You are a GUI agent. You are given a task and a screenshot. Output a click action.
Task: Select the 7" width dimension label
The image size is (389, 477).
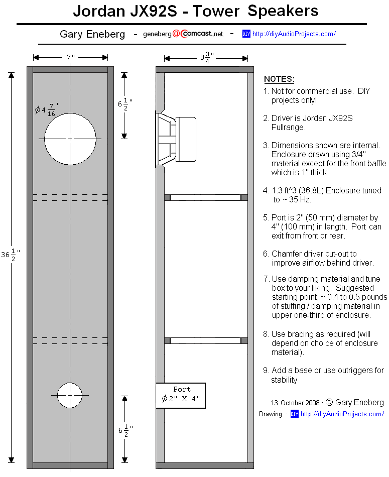(x=71, y=57)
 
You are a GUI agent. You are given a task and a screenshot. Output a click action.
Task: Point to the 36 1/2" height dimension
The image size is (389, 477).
(x=11, y=255)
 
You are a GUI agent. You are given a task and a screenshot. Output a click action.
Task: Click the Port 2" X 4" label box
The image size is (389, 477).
(x=181, y=396)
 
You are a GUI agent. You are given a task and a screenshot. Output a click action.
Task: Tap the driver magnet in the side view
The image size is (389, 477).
(x=186, y=139)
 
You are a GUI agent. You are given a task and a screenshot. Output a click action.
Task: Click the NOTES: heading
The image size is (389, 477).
(x=279, y=79)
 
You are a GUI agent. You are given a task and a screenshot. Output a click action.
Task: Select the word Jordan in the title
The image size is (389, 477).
(x=99, y=11)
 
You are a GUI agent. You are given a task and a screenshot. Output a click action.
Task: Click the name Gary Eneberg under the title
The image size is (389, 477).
(x=92, y=34)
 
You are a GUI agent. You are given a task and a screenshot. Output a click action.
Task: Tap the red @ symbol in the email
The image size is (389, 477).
(x=176, y=34)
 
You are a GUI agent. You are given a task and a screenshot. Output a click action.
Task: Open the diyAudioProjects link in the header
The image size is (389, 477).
(x=294, y=34)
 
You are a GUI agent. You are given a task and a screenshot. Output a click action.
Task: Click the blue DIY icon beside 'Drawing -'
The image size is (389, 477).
(x=295, y=414)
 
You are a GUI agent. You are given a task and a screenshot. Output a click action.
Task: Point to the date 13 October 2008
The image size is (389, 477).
(x=295, y=403)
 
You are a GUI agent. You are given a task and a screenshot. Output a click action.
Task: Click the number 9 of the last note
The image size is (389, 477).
(x=266, y=370)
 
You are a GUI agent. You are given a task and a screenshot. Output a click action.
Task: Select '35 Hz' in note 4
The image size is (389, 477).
(x=300, y=199)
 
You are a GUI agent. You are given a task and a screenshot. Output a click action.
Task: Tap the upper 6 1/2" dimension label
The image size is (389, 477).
(x=125, y=104)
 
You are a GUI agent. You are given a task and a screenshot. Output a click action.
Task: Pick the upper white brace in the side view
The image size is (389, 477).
(x=206, y=198)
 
